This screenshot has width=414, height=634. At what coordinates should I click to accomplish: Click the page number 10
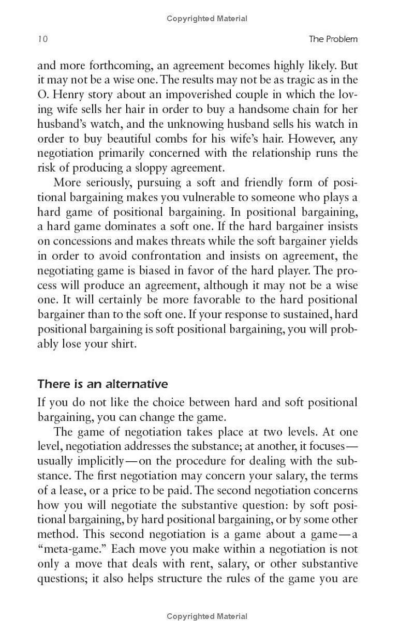click(x=42, y=39)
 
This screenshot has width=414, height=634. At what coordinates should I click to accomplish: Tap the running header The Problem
click(x=333, y=39)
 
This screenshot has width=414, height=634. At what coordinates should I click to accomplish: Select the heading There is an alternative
click(x=103, y=384)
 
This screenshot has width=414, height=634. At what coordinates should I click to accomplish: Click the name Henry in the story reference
click(x=69, y=95)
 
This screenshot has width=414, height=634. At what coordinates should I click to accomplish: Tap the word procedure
click(x=216, y=461)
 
